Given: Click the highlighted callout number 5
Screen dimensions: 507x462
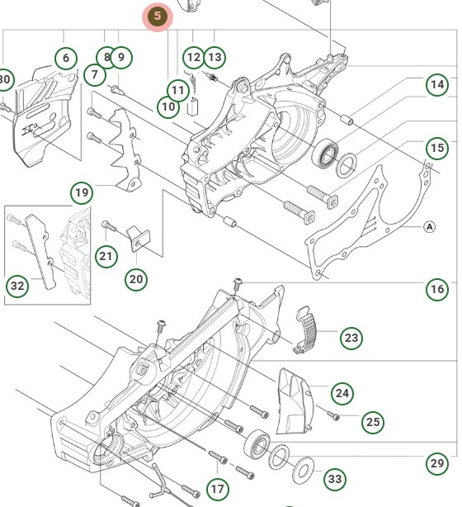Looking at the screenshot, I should tap(158, 17).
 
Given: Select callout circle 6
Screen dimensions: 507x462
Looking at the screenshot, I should tap(66, 58).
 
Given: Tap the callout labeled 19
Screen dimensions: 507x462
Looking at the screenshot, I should tap(82, 194).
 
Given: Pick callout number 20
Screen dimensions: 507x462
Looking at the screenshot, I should tap(136, 279).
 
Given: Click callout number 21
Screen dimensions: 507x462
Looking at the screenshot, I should tap(106, 256).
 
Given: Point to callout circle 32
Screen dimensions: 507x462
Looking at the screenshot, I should tap(17, 286).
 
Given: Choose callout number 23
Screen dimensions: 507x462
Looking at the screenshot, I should tap(351, 338).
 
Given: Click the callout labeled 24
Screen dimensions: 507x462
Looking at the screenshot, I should tap(342, 391).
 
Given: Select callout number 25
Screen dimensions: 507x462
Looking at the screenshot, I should tap(373, 422).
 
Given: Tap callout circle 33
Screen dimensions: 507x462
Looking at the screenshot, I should tap(334, 479).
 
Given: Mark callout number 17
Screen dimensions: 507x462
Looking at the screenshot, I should tap(217, 489).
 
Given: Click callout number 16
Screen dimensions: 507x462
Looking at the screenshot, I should tap(436, 288).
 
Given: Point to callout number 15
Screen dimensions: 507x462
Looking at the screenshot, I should tap(436, 148).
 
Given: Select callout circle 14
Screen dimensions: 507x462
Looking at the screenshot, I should tap(436, 83).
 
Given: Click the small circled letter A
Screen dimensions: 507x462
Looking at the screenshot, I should tap(429, 225).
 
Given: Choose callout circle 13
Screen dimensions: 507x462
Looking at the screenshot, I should tap(214, 57).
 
